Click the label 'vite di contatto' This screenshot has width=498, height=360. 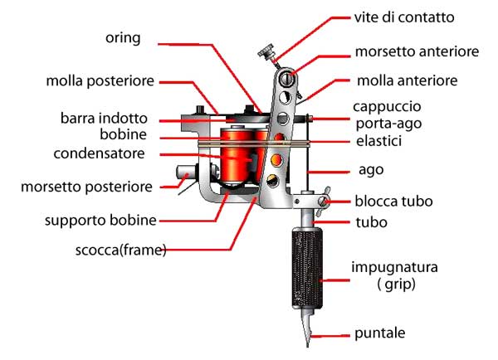[404, 17]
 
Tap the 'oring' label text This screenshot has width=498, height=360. [123, 38]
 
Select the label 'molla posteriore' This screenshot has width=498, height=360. [100, 81]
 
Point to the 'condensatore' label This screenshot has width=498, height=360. [99, 153]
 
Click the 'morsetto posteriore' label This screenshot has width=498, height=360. [86, 187]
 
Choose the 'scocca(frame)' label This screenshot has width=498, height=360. [120, 251]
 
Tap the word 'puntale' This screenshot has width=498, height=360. [380, 333]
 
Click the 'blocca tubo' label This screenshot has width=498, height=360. [393, 202]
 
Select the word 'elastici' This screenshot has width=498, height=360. [379, 141]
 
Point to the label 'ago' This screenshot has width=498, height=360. [371, 171]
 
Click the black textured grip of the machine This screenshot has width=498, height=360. [307, 268]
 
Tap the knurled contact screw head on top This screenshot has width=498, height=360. [266, 51]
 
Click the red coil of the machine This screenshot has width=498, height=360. [237, 156]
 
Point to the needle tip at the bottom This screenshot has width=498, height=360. [307, 345]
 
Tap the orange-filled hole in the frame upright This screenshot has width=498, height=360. [276, 160]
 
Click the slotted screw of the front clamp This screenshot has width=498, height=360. [287, 79]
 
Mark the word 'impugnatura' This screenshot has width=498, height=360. [394, 268]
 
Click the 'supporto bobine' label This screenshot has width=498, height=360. [100, 221]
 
